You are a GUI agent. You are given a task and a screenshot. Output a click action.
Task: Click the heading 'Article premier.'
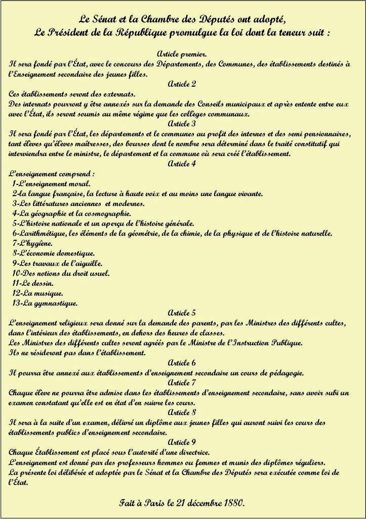(x=182, y=54)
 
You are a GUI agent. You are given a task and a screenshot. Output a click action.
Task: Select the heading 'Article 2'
(x=182, y=84)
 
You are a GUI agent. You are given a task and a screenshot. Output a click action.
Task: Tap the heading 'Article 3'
(x=182, y=123)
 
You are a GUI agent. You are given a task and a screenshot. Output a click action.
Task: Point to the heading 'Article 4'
(x=182, y=163)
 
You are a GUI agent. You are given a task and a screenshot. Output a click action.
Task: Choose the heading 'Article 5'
(x=182, y=313)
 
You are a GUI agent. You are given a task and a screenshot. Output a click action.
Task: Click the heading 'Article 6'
(x=182, y=363)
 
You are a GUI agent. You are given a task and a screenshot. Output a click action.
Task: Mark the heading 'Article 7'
(x=182, y=382)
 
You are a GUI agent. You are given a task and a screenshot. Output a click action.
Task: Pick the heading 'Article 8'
(x=182, y=412)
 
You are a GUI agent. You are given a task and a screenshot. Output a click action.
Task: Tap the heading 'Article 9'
(x=182, y=442)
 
